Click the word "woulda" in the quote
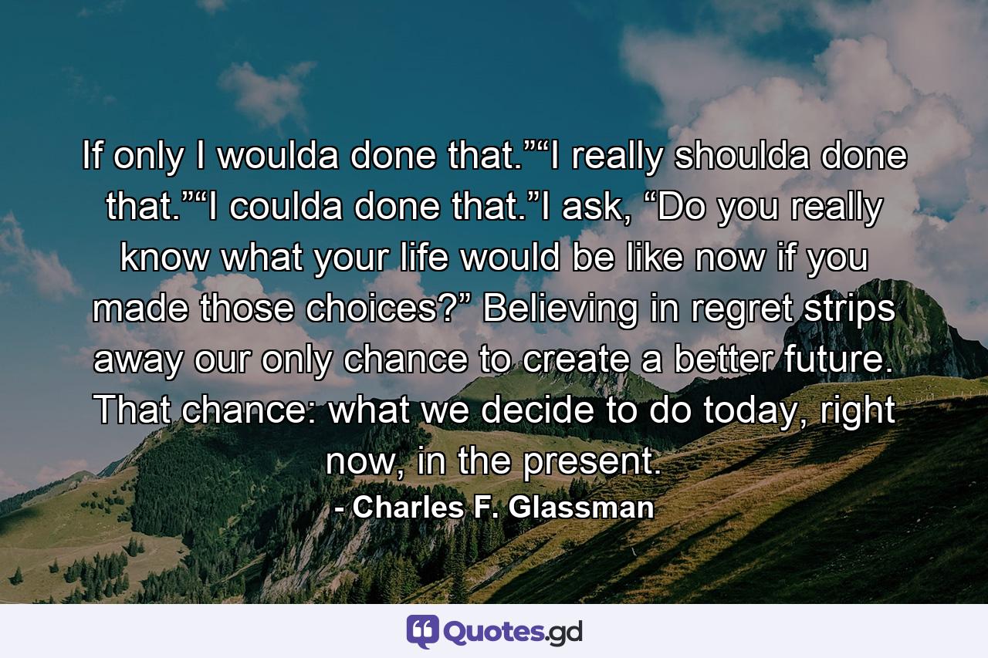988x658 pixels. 279,158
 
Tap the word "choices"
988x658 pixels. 402,311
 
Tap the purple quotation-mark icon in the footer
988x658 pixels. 422,632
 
